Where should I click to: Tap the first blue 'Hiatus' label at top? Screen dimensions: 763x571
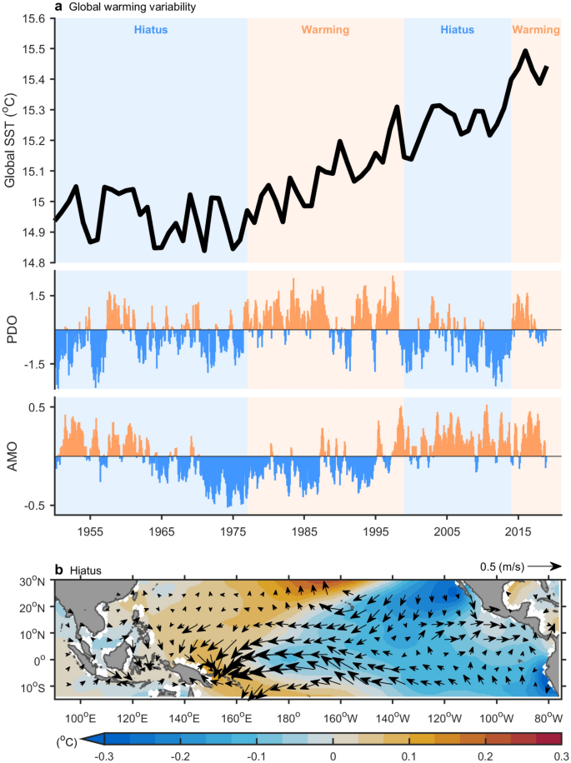[x=151, y=30]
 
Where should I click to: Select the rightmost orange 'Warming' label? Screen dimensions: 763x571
[x=535, y=30]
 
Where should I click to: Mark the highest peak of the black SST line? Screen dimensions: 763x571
[x=525, y=51]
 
